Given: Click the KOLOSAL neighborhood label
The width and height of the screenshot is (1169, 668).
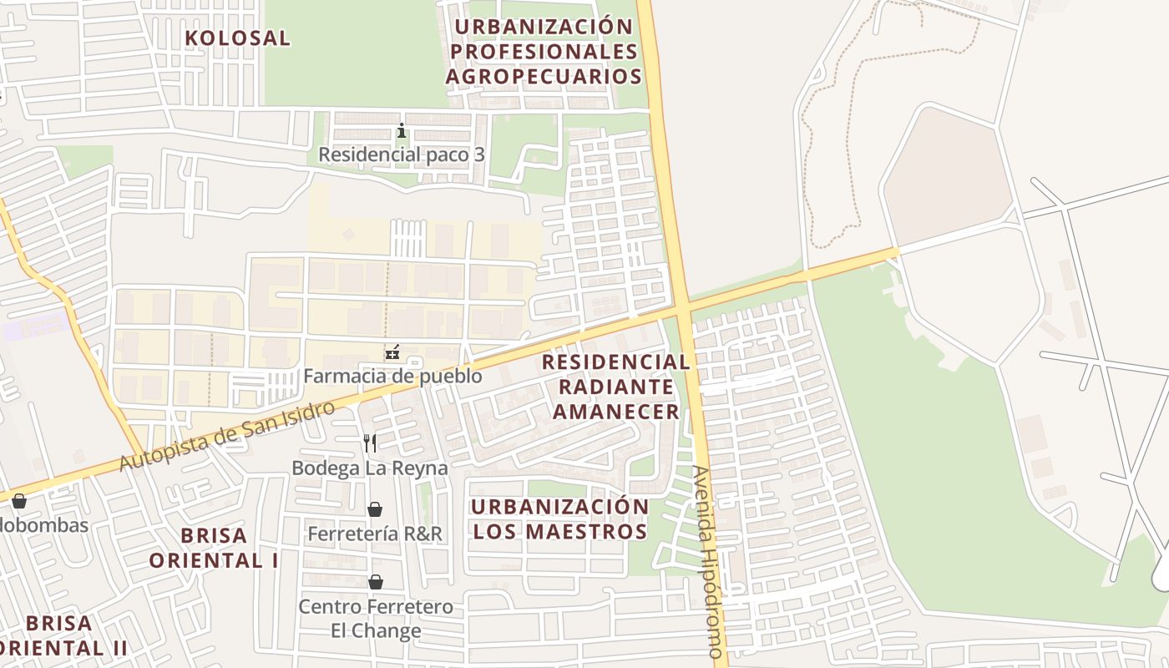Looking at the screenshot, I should coord(237,38).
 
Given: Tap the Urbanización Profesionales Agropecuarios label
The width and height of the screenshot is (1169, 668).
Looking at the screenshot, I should coord(544,52).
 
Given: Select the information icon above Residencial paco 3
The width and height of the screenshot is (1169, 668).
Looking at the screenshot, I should coord(402,131).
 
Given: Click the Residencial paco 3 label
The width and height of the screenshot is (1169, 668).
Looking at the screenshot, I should coord(402,154).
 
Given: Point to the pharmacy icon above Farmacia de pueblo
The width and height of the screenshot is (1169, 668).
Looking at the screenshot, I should coord(392,353).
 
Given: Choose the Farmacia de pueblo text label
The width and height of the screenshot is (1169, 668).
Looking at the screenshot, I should coord(392,376).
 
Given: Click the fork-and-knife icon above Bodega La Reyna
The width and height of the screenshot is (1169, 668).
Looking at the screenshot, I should coord(370,443).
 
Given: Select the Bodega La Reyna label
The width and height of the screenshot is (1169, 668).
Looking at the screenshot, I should coord(370,468).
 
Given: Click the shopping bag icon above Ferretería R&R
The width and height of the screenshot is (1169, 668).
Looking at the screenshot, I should coord(375,509).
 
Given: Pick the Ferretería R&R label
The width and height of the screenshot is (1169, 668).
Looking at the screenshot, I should coord(375,533).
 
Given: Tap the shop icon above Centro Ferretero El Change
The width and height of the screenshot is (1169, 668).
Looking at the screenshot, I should coord(376,581).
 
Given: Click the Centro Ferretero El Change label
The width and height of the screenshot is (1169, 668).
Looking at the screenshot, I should coord(376,618).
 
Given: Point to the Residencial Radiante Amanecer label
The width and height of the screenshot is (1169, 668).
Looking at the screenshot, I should coord(616,387).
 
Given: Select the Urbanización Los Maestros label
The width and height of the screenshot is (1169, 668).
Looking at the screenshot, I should coord(559,519).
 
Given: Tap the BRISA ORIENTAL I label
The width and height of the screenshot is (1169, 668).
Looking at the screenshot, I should coord(215,547).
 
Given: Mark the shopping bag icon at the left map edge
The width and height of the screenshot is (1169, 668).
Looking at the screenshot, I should coord(18,500).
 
